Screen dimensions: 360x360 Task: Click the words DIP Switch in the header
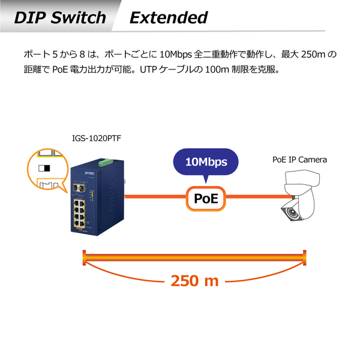[60, 17]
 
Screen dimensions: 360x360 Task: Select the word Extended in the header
[169, 17]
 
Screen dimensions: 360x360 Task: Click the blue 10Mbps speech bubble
[206, 162]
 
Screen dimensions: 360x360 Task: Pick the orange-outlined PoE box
[206, 198]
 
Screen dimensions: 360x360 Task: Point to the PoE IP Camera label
[299, 160]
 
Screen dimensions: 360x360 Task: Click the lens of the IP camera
[292, 212]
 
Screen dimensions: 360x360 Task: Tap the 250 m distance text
[194, 280]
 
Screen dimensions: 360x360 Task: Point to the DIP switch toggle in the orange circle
[44, 168]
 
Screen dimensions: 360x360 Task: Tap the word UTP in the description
[148, 70]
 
